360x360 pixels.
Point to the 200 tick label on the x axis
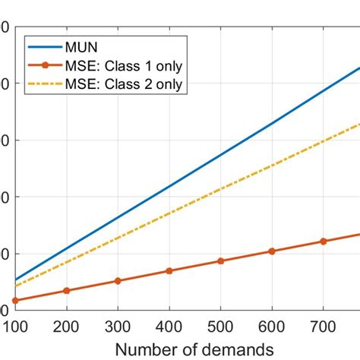click(67, 326)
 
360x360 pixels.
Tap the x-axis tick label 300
click(118, 326)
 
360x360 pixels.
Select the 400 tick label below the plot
click(169, 326)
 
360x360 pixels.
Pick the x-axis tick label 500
click(220, 326)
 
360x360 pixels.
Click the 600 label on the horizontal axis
click(271, 326)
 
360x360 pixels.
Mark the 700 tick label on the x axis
click(323, 326)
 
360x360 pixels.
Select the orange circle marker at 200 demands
click(67, 291)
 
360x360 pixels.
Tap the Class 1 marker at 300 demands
click(118, 281)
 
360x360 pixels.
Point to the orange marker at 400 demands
click(169, 270)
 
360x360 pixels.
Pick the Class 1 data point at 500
click(220, 261)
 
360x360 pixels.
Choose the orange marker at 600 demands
click(272, 251)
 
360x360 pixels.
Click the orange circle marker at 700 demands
click(323, 241)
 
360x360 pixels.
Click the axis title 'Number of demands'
click(194, 349)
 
